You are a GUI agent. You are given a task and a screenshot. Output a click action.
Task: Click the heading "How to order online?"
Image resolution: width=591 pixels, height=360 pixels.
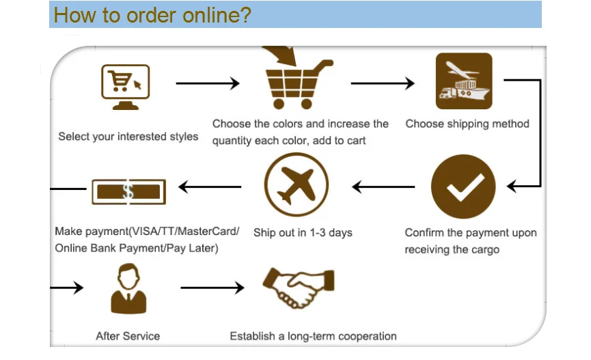pyautogui.click(x=152, y=15)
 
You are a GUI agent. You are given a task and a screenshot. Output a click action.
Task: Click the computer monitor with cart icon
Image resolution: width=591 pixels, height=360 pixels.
pyautogui.click(x=125, y=86)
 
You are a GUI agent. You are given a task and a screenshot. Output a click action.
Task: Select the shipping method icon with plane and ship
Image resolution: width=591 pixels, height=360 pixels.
pyautogui.click(x=464, y=81)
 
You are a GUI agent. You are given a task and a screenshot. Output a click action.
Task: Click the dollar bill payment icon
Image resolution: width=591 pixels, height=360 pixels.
pyautogui.click(x=128, y=191)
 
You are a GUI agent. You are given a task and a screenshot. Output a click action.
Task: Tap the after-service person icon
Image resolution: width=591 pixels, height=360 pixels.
pyautogui.click(x=128, y=290)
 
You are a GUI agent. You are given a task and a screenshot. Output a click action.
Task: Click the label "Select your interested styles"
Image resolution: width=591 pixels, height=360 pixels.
pyautogui.click(x=128, y=137)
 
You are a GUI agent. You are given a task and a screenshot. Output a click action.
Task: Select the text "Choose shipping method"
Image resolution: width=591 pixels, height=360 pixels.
pyautogui.click(x=467, y=124)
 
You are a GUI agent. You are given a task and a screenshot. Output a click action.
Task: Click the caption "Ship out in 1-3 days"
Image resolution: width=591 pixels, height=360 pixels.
pyautogui.click(x=303, y=233)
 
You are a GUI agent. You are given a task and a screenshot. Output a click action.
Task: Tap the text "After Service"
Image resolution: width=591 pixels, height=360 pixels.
pyautogui.click(x=128, y=336)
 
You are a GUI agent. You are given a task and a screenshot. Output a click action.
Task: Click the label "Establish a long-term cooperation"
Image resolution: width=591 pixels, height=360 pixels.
pyautogui.click(x=313, y=336)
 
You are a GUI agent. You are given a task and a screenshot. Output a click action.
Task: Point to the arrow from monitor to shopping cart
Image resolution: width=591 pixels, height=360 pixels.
pyautogui.click(x=208, y=83)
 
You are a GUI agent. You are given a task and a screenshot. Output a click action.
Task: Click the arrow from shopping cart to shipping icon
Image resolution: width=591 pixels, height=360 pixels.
pyautogui.click(x=383, y=83)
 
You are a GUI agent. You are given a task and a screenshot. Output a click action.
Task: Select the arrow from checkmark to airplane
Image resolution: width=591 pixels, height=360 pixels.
pyautogui.click(x=383, y=186)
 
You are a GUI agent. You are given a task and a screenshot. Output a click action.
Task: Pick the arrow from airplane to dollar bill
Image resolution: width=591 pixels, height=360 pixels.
pyautogui.click(x=210, y=186)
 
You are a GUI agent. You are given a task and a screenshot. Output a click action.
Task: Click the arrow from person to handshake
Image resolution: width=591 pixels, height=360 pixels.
pyautogui.click(x=212, y=288)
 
